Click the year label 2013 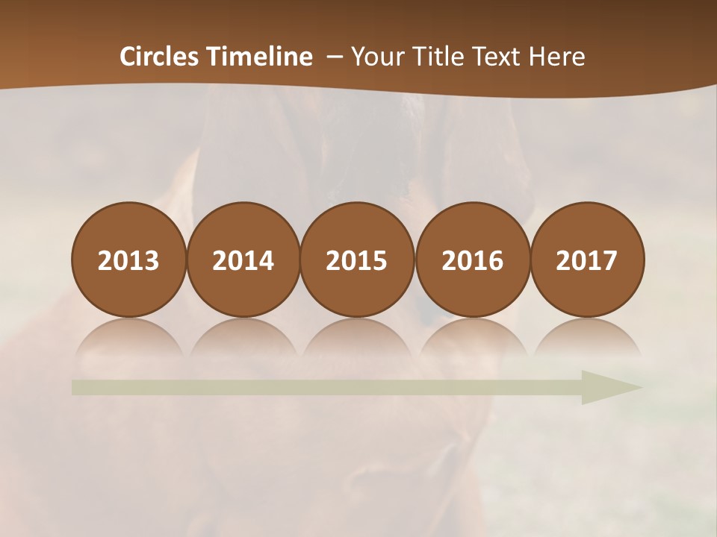coord(128,260)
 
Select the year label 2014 coord(243,260)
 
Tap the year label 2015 coord(357,260)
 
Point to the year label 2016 coord(472,260)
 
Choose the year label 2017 coord(586,260)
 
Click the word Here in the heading coord(557,57)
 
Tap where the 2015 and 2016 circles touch coord(415,260)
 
